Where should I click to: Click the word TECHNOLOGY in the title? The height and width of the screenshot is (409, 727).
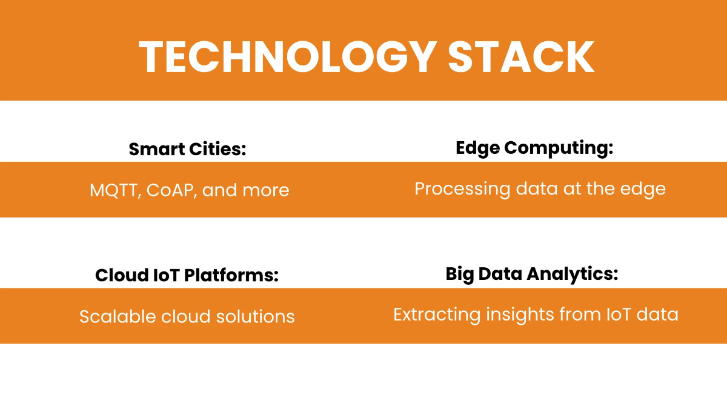tap(288, 57)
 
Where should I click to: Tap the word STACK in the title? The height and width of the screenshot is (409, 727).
tap(521, 57)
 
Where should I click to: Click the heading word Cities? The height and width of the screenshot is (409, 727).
tap(217, 149)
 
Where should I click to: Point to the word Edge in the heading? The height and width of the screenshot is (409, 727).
tap(477, 148)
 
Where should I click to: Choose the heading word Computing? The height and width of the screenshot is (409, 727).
tap(558, 148)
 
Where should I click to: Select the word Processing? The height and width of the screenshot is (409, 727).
tap(462, 189)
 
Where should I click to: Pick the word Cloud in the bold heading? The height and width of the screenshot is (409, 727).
tap(122, 275)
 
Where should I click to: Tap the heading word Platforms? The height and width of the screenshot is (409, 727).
tap(231, 275)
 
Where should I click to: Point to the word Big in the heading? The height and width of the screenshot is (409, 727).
tap(459, 274)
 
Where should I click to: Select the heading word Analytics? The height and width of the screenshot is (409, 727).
tap(572, 274)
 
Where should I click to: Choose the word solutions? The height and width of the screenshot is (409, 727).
tap(256, 316)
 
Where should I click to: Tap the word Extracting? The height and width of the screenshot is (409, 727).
tap(437, 315)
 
